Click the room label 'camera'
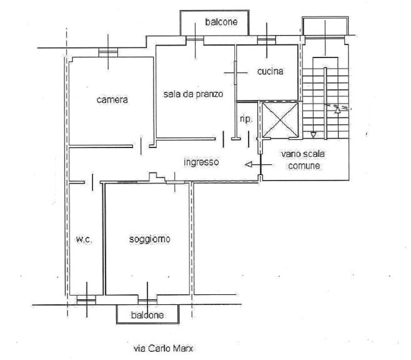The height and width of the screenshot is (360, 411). (x=112, y=99)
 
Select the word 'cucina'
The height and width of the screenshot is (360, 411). (x=270, y=71)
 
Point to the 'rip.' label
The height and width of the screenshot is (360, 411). (x=245, y=119)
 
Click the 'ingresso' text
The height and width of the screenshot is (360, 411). (x=201, y=162)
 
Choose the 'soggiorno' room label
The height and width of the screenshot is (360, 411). (x=150, y=239)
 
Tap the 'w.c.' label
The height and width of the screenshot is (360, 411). (x=84, y=239)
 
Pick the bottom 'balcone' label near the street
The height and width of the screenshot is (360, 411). (x=148, y=315)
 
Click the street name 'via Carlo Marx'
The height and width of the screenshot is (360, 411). (x=160, y=348)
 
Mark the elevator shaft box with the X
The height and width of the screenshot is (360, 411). (x=279, y=119)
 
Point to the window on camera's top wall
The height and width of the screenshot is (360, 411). (x=107, y=54)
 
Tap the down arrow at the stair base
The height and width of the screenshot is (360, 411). (x=314, y=134)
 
